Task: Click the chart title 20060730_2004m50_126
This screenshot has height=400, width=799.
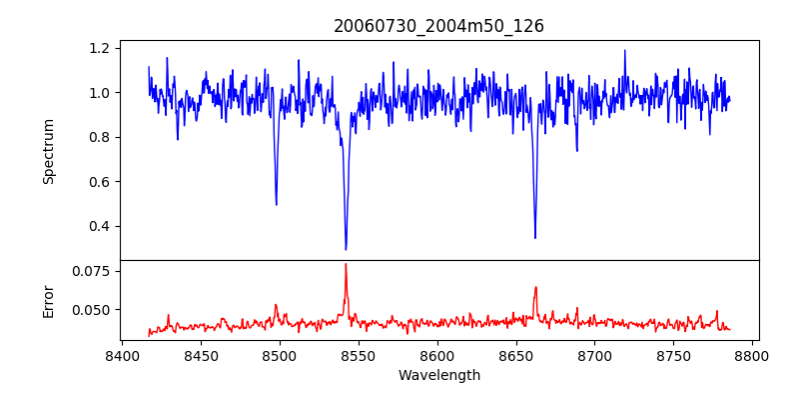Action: point(438,26)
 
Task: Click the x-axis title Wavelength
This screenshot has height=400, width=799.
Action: point(438,376)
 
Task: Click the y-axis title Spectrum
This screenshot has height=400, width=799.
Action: point(48,151)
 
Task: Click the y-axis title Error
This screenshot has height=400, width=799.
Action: point(48,300)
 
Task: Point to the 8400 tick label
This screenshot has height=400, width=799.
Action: point(122,355)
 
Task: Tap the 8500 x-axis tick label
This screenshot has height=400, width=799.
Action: point(280,355)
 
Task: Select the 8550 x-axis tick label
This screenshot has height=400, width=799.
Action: point(359,355)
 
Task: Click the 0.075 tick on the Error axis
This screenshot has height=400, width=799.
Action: point(93,271)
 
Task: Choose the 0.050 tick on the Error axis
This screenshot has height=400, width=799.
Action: point(93,310)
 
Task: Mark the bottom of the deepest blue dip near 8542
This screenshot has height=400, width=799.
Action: point(346,249)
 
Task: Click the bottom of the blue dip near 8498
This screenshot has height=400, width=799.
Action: point(276,205)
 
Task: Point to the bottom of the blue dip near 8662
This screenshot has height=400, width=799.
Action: point(535,238)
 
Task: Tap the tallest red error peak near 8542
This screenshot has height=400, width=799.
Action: point(346,264)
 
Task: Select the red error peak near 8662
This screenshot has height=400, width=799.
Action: point(535,287)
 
